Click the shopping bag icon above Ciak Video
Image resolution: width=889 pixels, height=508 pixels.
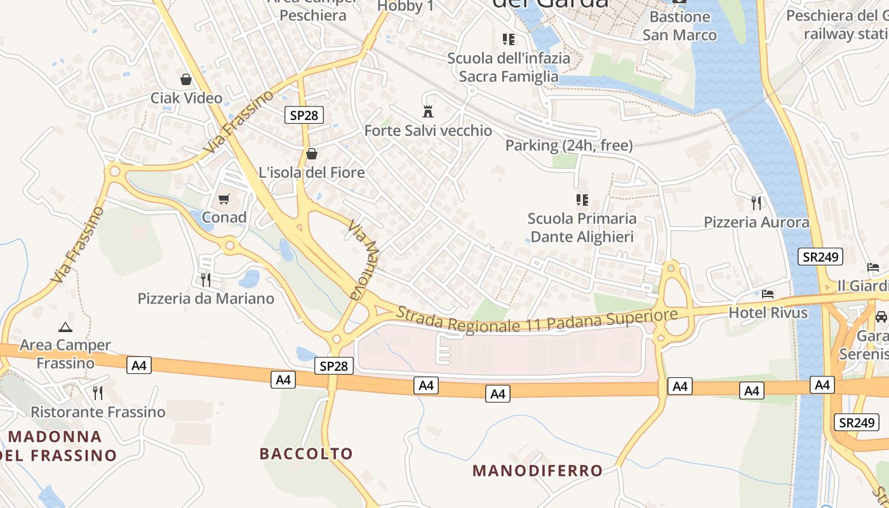(x=186, y=79)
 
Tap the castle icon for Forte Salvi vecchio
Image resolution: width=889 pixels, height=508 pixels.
(x=428, y=112)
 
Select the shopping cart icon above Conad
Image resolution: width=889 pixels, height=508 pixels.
(x=224, y=199)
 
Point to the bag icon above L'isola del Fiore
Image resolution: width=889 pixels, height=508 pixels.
(x=312, y=154)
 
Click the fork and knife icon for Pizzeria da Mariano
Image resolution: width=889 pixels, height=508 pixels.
(x=205, y=279)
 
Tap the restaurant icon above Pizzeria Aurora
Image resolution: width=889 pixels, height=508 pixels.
(x=756, y=203)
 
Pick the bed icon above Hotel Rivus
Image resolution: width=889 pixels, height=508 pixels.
(x=768, y=294)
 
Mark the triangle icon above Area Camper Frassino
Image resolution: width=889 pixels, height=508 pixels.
(x=65, y=328)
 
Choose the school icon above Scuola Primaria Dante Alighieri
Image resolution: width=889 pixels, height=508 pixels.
(x=582, y=200)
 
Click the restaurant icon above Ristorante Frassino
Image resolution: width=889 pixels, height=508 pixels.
(x=98, y=393)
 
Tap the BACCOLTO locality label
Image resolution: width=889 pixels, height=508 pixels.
(x=306, y=453)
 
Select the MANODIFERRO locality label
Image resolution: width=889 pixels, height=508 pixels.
(x=538, y=471)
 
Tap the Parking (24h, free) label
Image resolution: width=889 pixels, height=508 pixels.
(x=569, y=145)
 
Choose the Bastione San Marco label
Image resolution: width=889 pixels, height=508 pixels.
(x=679, y=26)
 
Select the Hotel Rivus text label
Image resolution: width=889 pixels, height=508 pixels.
(x=768, y=312)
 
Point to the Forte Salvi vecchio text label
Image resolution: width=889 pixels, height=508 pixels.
(x=428, y=131)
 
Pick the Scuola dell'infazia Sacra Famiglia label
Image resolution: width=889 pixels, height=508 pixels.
(x=509, y=67)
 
